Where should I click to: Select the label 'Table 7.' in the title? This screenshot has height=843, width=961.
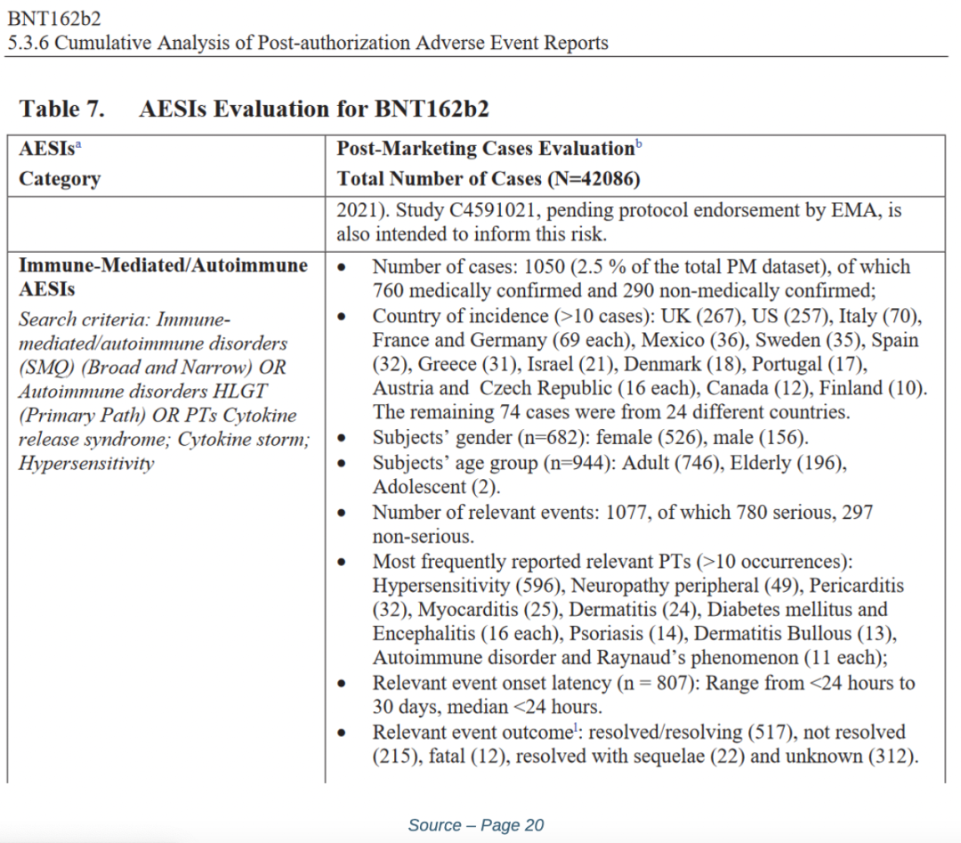pos(62,109)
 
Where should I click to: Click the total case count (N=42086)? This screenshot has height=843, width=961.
pos(592,179)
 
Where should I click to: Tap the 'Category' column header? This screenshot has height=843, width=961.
pos(60,179)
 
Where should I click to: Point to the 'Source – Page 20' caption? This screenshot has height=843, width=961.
pos(475,825)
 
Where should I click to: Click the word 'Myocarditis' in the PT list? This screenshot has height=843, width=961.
pos(463,610)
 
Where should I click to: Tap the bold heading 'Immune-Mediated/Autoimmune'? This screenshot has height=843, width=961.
pos(164,265)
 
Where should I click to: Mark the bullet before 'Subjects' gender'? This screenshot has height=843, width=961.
pos(343,438)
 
